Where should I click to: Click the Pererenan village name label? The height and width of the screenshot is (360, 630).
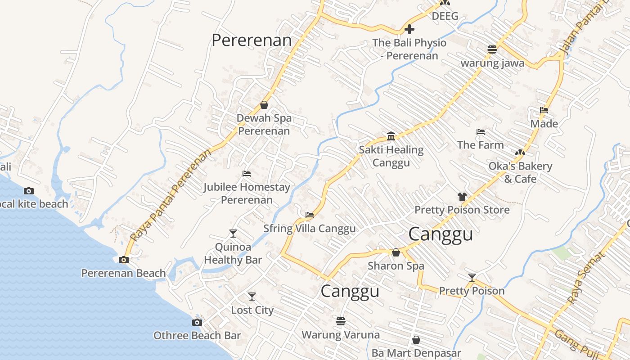[252, 40]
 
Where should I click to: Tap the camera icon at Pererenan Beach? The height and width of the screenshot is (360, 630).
[123, 260]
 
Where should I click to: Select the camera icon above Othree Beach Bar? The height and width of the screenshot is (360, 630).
[197, 322]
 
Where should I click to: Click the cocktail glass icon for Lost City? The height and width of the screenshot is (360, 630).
[252, 297]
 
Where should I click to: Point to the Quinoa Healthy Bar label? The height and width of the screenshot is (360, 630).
[233, 253]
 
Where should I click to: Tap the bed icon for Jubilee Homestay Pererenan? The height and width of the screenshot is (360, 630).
[247, 174]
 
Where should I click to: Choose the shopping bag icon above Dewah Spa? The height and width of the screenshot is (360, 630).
[264, 105]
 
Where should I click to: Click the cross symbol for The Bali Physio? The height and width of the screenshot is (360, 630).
[409, 30]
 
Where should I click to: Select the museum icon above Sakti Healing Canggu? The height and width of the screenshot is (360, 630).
[391, 136]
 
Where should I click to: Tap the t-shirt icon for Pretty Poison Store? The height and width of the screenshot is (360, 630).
[462, 196]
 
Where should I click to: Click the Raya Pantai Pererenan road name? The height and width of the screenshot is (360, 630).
[171, 195]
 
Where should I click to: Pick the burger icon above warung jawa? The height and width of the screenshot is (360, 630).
[492, 49]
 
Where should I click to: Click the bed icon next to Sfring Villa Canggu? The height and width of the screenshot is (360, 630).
[310, 215]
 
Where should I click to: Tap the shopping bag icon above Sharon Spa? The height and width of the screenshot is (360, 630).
[396, 252]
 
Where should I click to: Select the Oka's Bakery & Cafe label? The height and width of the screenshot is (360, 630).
[520, 172]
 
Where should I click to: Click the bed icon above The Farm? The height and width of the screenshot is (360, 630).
[481, 132]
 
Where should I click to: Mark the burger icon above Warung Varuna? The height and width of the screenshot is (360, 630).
[341, 321]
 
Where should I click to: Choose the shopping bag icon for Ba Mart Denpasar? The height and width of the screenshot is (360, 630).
[416, 340]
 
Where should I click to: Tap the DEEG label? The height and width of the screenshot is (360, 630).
[445, 17]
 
